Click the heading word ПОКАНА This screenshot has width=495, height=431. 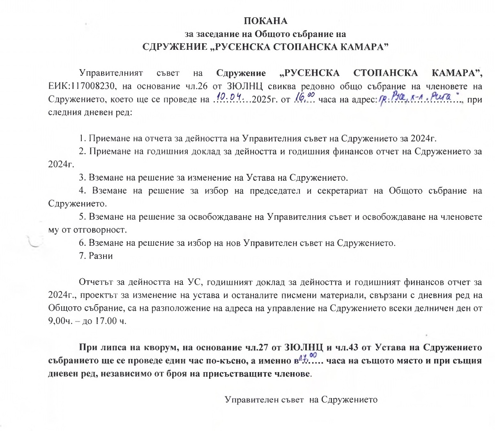click(x=266, y=21)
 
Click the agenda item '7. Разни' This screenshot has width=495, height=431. click(x=96, y=256)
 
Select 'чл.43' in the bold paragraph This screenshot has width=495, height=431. click(x=347, y=348)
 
